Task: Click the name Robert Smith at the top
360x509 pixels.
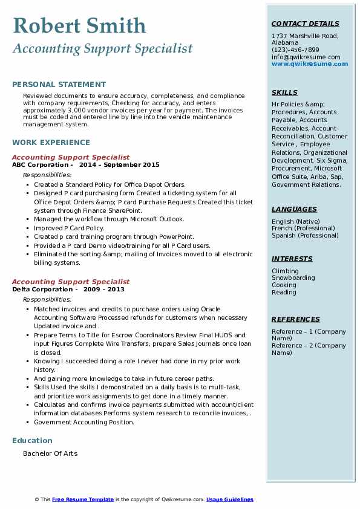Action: [79, 25]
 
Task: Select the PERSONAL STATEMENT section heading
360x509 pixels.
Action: [59, 85]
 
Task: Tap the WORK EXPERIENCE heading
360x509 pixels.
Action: [51, 143]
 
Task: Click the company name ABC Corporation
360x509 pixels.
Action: [40, 164]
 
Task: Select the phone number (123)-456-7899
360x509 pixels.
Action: [295, 50]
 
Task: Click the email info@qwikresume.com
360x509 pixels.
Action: [306, 57]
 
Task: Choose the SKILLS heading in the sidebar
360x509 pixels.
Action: [284, 92]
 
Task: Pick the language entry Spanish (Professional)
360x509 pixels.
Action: [306, 235]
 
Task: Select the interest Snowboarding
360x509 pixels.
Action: [293, 278]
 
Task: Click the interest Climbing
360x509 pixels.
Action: [285, 271]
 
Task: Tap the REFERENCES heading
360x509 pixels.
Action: [295, 319]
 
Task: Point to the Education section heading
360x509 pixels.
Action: [32, 441]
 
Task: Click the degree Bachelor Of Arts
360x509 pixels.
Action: [50, 453]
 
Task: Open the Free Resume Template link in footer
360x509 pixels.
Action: [83, 499]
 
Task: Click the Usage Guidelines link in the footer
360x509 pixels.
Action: [229, 499]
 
